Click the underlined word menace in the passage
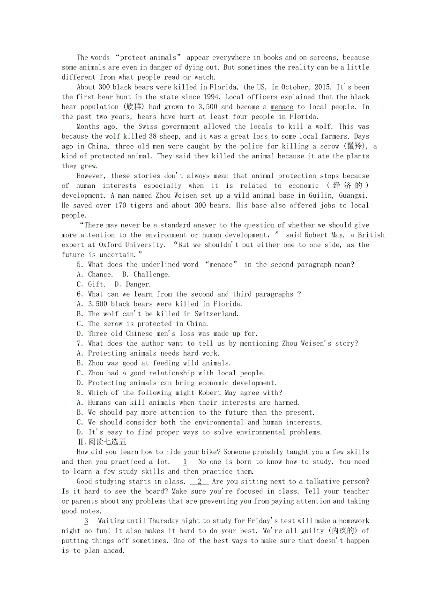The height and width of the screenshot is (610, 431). (282, 107)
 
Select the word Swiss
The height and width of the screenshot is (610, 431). (149, 126)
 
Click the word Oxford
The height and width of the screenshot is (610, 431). (110, 245)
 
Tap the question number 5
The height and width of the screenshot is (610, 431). (80, 264)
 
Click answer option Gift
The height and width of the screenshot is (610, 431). (97, 284)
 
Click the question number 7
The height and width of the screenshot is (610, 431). (80, 343)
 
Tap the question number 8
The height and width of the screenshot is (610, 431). (80, 393)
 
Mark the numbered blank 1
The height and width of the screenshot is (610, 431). (185, 461)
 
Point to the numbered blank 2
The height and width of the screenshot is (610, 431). (200, 481)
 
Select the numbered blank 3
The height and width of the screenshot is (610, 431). (86, 521)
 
